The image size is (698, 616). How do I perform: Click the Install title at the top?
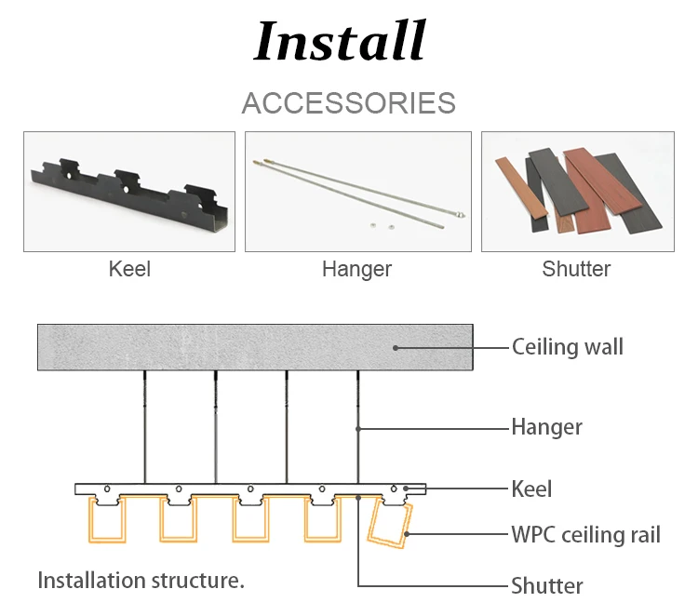coord(340,41)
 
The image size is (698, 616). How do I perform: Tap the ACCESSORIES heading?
coord(348,102)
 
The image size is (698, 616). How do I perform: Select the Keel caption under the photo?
coord(129,270)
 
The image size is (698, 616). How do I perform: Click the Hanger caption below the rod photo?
coord(356,270)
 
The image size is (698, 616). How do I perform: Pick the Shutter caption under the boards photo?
coord(576,270)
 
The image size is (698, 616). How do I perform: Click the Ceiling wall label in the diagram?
coord(568,347)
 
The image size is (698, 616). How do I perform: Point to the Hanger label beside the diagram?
coord(546,427)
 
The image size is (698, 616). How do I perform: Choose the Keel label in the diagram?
coord(531,489)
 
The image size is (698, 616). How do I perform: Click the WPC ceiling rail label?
coord(585,535)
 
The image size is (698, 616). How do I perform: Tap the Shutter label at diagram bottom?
coord(546,585)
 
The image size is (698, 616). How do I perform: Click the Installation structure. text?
coord(141,581)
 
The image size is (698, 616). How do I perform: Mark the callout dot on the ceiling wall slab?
coord(396,347)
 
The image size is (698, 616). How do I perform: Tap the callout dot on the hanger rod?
coord(357,428)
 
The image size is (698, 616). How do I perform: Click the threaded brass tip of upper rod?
coord(261,160)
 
